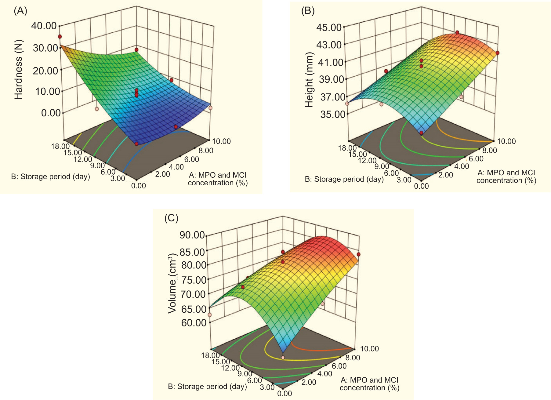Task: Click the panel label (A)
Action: (20, 11)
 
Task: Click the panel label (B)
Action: (308, 11)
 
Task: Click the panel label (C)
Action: (171, 218)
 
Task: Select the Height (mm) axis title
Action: (309, 80)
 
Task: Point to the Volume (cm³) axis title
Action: (172, 283)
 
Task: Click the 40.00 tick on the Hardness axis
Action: (44, 26)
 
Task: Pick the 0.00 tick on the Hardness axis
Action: (51, 113)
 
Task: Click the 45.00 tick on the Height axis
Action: (329, 27)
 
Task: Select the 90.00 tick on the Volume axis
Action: (192, 235)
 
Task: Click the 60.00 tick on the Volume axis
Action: (194, 323)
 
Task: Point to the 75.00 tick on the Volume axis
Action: (194, 280)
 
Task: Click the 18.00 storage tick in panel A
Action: (60, 146)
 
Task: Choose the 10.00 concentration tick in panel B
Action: (506, 141)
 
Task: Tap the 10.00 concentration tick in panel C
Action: (369, 349)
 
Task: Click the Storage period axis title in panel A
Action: (50, 177)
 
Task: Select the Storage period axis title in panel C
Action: (207, 387)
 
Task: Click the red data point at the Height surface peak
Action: (457, 32)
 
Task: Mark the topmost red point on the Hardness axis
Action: (60, 37)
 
